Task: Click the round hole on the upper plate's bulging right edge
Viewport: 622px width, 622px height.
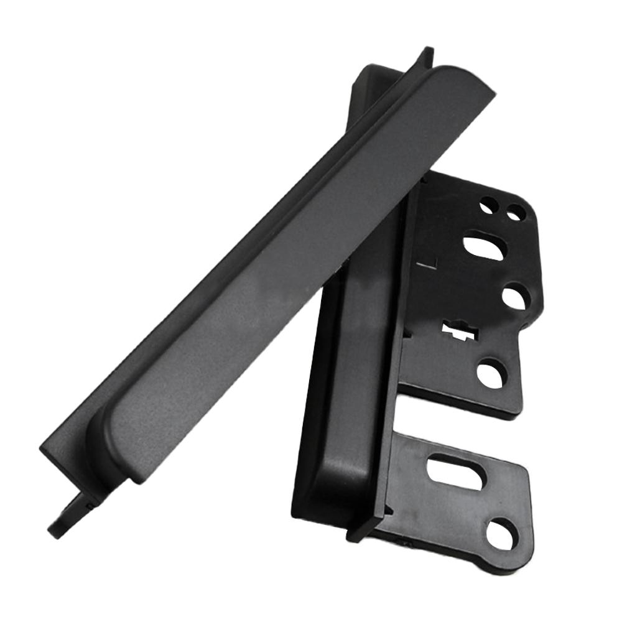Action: tap(513, 296)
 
